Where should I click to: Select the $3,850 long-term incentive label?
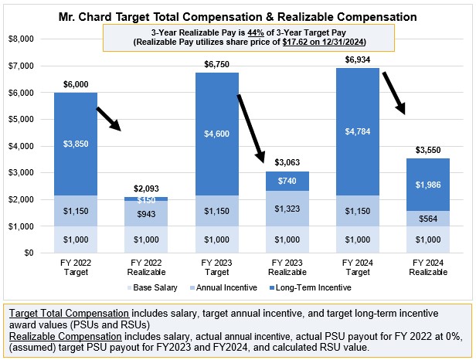pyautogui.click(x=75, y=144)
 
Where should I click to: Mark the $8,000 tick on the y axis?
pyautogui.click(x=25, y=39)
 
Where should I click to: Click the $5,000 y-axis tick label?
pyautogui.click(x=25, y=119)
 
